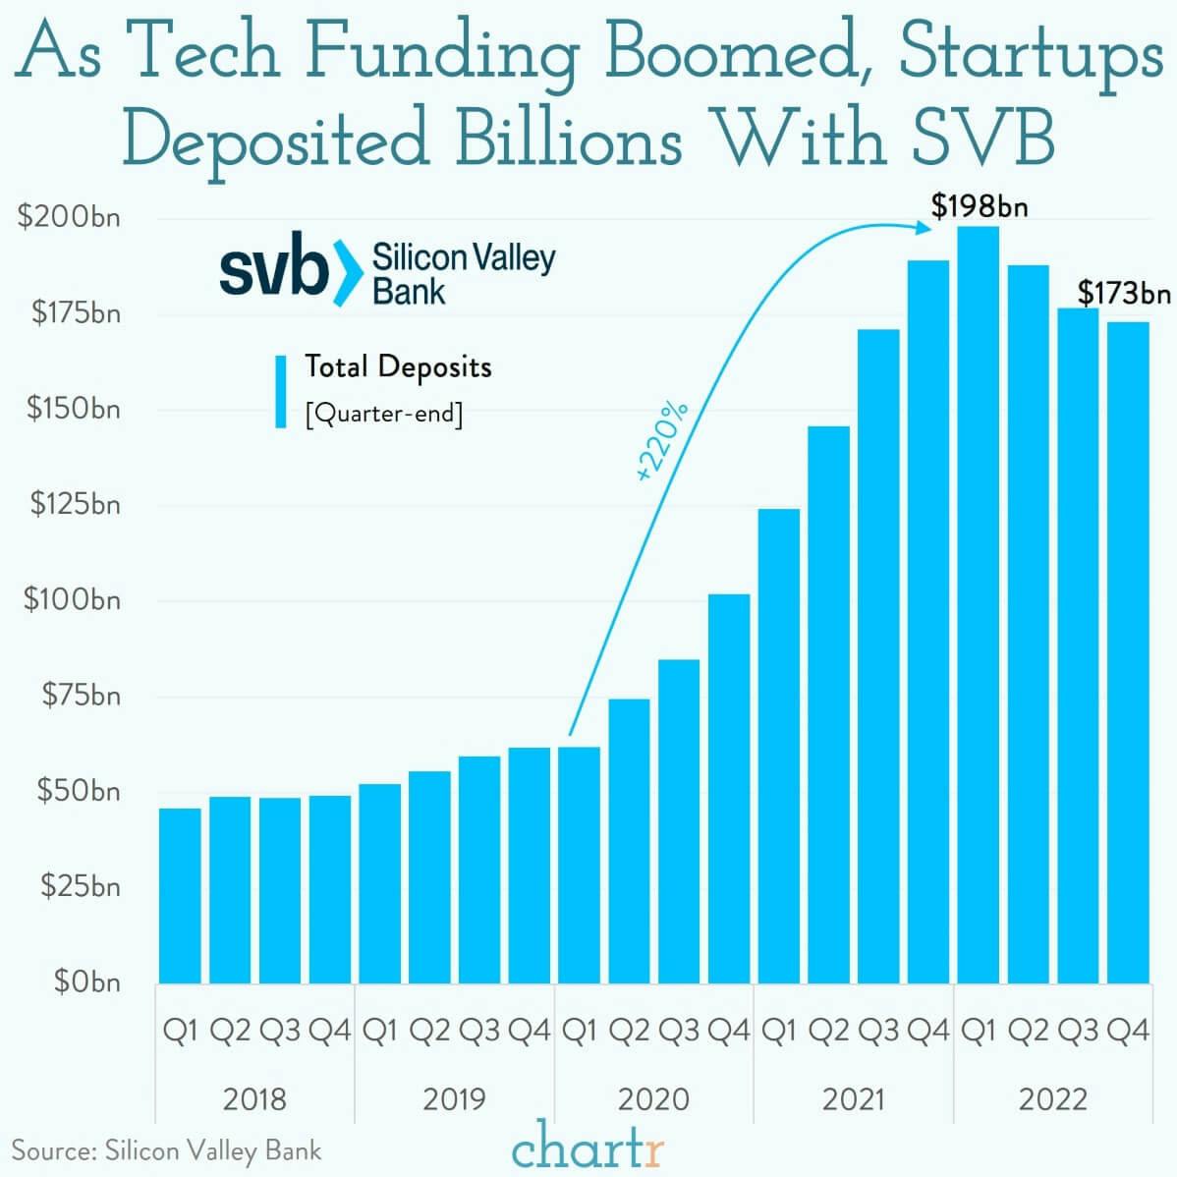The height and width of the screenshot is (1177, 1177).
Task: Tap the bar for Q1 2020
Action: [579, 865]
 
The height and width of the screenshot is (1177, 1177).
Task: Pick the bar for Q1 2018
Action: [180, 895]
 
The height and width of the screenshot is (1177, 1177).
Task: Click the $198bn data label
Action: [980, 206]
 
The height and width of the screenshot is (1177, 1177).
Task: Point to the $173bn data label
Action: [1124, 293]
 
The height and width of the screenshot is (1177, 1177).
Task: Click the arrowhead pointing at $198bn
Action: [924, 227]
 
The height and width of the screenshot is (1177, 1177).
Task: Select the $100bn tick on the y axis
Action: [72, 599]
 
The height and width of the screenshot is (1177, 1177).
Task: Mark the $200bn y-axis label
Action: [69, 217]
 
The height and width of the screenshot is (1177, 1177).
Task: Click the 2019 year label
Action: [454, 1098]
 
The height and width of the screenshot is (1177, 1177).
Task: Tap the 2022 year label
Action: [1052, 1098]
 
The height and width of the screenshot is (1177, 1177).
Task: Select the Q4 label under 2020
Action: [729, 1031]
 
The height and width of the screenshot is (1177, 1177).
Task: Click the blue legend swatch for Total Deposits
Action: [281, 391]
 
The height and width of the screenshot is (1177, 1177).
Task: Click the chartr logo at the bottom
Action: [588, 1147]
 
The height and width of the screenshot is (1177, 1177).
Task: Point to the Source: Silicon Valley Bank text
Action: [166, 1150]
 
